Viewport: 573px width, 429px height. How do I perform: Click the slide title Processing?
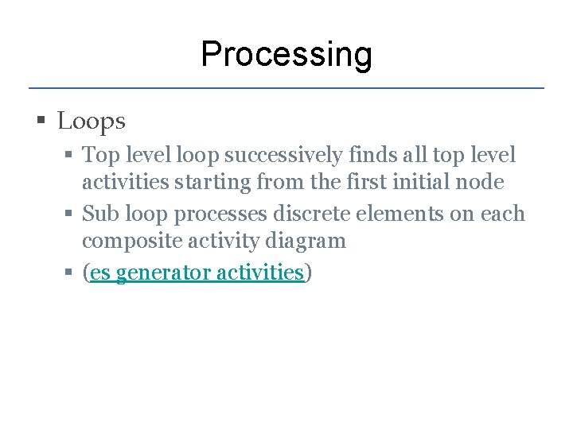(286, 56)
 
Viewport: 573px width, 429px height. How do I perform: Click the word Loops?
(92, 122)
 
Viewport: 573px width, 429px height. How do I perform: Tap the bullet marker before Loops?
(41, 122)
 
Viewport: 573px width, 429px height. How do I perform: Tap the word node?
(481, 183)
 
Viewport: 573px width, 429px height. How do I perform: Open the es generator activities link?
(197, 272)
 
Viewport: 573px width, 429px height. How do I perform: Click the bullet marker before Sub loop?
(70, 214)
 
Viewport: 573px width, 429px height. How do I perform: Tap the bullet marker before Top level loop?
(70, 154)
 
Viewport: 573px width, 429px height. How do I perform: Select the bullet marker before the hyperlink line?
(70, 272)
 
